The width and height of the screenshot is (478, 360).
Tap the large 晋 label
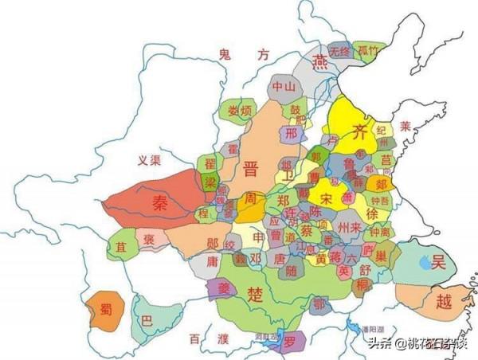coord(251,168)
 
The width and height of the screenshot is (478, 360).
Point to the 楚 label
coord(256,295)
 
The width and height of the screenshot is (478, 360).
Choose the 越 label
coord(444,302)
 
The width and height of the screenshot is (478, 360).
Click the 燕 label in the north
coord(320,61)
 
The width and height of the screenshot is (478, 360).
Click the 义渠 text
coord(150,160)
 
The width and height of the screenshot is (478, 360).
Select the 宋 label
coord(327,196)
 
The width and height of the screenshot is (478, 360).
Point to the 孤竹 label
coord(367,51)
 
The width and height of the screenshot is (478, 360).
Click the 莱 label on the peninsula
coord(406,126)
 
